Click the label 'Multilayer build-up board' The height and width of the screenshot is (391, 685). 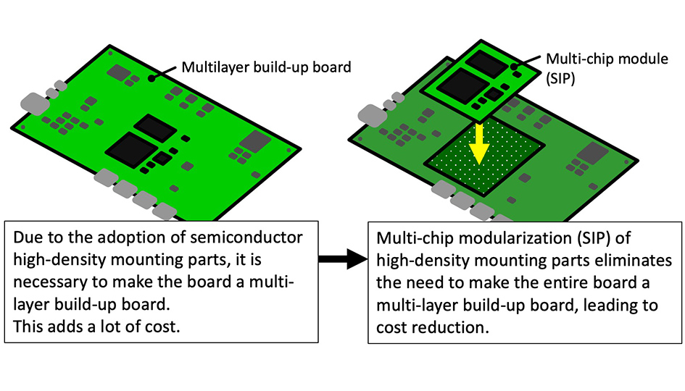(265, 67)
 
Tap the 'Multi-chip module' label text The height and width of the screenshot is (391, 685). (606, 59)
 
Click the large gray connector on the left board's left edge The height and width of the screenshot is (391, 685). (33, 103)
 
